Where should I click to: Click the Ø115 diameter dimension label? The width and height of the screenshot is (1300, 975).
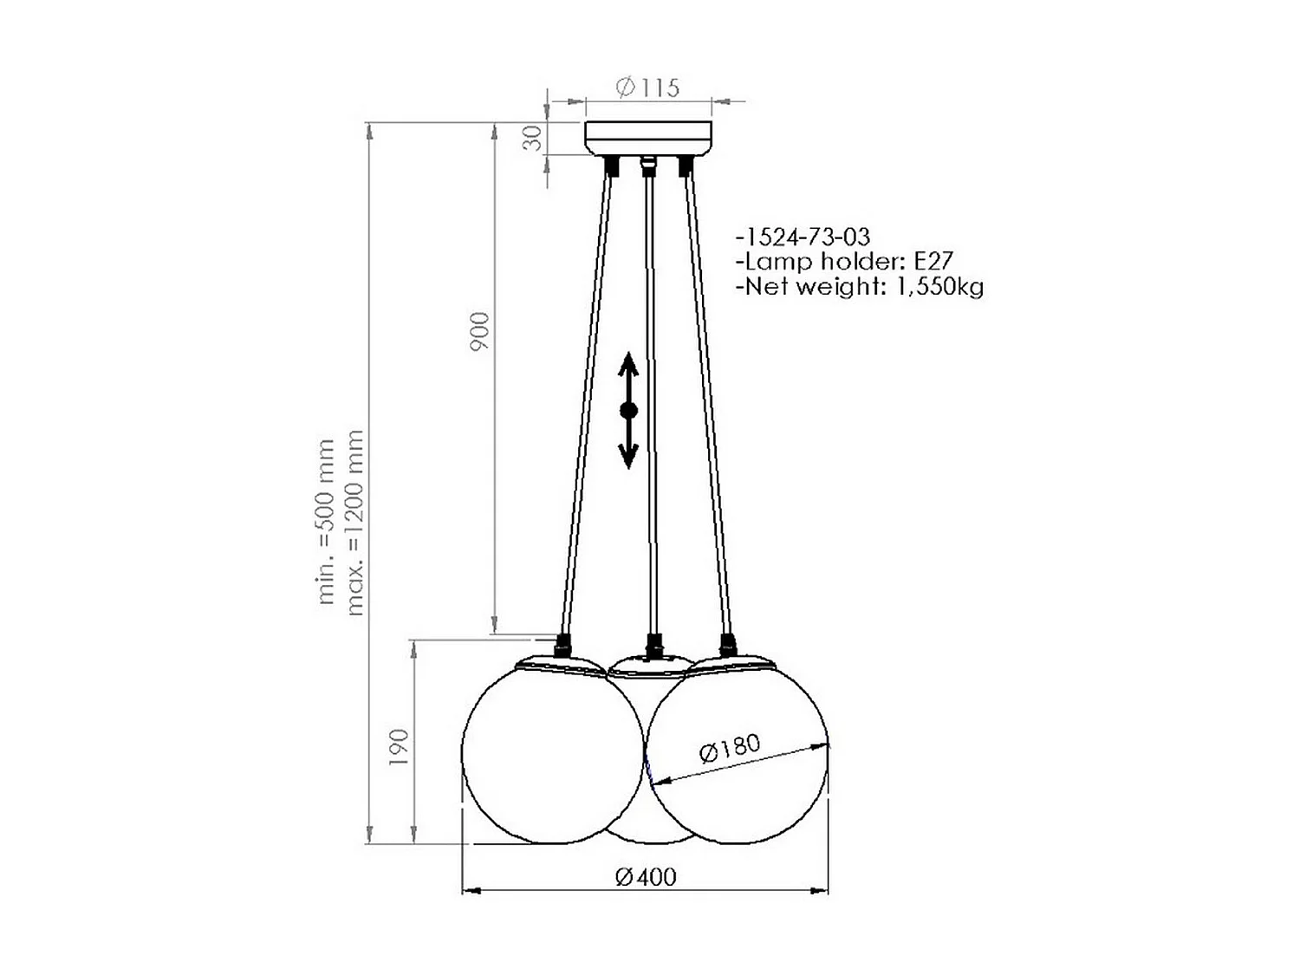coord(647,87)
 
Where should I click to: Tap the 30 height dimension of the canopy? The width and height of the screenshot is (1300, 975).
coord(535,138)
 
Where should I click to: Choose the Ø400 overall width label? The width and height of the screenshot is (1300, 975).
coord(646,876)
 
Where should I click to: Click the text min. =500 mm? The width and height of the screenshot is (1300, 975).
coord(326,521)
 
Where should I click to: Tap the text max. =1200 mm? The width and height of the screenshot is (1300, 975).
coord(354,523)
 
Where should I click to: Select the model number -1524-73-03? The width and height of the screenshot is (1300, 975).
coord(802,237)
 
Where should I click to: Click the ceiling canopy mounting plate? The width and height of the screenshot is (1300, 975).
coord(648,138)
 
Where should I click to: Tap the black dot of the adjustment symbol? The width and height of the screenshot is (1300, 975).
coord(628,410)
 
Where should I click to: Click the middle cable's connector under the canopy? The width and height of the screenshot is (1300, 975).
coord(647,165)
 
